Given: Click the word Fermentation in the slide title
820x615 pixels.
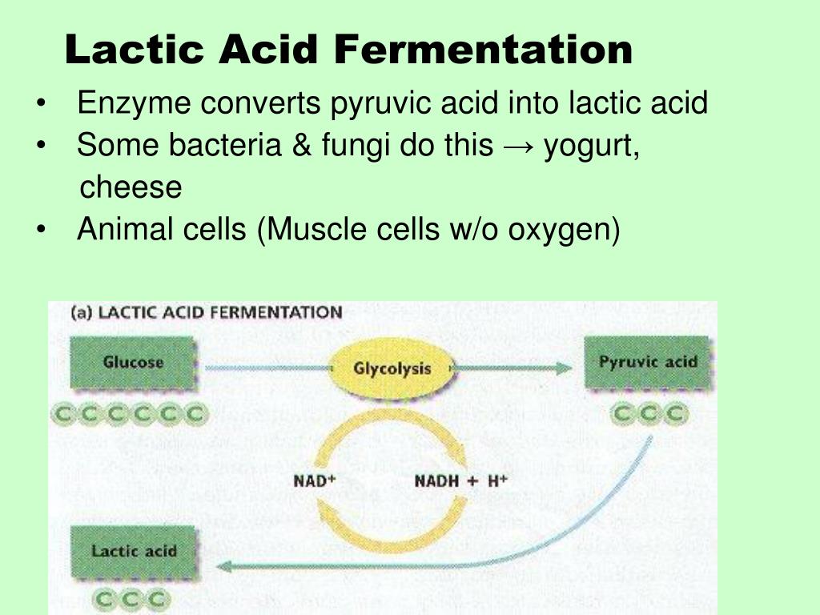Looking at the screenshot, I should [483, 50].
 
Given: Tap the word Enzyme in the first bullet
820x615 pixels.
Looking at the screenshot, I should [133, 103].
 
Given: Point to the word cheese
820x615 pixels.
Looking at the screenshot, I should [131, 187].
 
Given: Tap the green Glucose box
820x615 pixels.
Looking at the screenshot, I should [133, 362].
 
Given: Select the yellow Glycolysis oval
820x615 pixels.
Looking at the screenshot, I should [392, 368].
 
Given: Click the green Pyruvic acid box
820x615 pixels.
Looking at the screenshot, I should [648, 362].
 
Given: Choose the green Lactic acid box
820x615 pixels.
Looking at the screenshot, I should [133, 551].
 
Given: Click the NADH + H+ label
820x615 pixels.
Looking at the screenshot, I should [460, 480].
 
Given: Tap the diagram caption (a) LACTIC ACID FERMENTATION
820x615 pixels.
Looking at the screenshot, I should [207, 312].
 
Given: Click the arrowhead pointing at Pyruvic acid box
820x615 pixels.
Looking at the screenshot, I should [564, 368].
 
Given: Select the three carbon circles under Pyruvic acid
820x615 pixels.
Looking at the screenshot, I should [649, 414].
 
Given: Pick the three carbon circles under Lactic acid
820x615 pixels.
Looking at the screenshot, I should [132, 598].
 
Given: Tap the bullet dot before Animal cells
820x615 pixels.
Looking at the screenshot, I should [41, 231].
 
